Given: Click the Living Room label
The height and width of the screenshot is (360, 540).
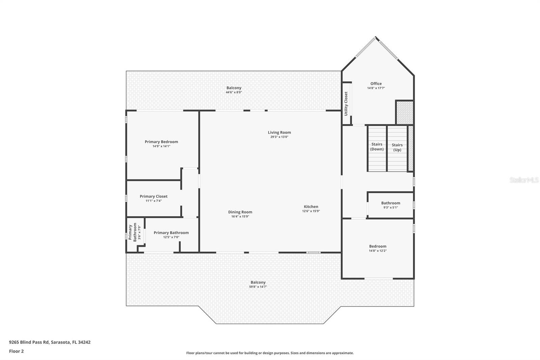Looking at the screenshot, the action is coord(279,132).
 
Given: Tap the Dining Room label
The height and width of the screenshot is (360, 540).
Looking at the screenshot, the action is coord(240,212).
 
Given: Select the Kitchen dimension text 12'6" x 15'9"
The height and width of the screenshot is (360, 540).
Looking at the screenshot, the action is coord(311,211).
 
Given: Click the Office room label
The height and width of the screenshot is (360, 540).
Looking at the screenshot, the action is coord(376,84).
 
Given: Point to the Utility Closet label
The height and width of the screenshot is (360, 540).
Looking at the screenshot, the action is coord(346,104).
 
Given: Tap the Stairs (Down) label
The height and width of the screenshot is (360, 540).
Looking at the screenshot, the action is coord(377,147).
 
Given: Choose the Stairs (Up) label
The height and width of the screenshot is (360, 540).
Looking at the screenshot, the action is coord(397,148).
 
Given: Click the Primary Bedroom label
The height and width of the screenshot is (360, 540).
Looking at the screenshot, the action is coord(161,142).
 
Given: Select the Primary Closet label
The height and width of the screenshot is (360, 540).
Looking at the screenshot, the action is coord(154,197).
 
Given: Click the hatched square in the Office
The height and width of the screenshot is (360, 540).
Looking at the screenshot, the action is coord(405,113).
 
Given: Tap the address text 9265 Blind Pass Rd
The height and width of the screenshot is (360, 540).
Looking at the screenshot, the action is coord(29,342).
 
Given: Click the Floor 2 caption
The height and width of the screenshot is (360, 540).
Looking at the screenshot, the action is coord(17,351).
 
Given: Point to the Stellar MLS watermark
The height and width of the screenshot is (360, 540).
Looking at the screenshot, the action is coord(524,180).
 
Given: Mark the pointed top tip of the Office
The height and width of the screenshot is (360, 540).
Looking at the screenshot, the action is coord(375,37).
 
